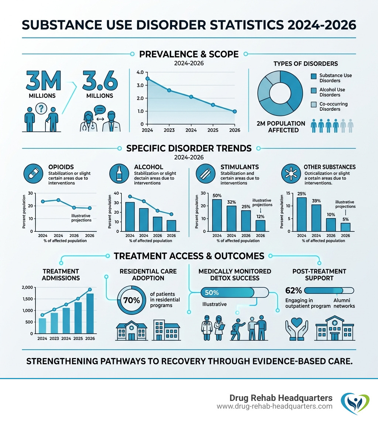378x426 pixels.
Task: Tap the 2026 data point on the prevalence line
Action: (x=235, y=111)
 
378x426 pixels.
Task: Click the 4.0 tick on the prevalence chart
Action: (x=140, y=72)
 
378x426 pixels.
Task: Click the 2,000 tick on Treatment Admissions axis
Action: (x=28, y=288)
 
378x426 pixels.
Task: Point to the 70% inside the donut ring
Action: (x=131, y=300)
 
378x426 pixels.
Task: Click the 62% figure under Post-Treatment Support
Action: (x=293, y=291)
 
